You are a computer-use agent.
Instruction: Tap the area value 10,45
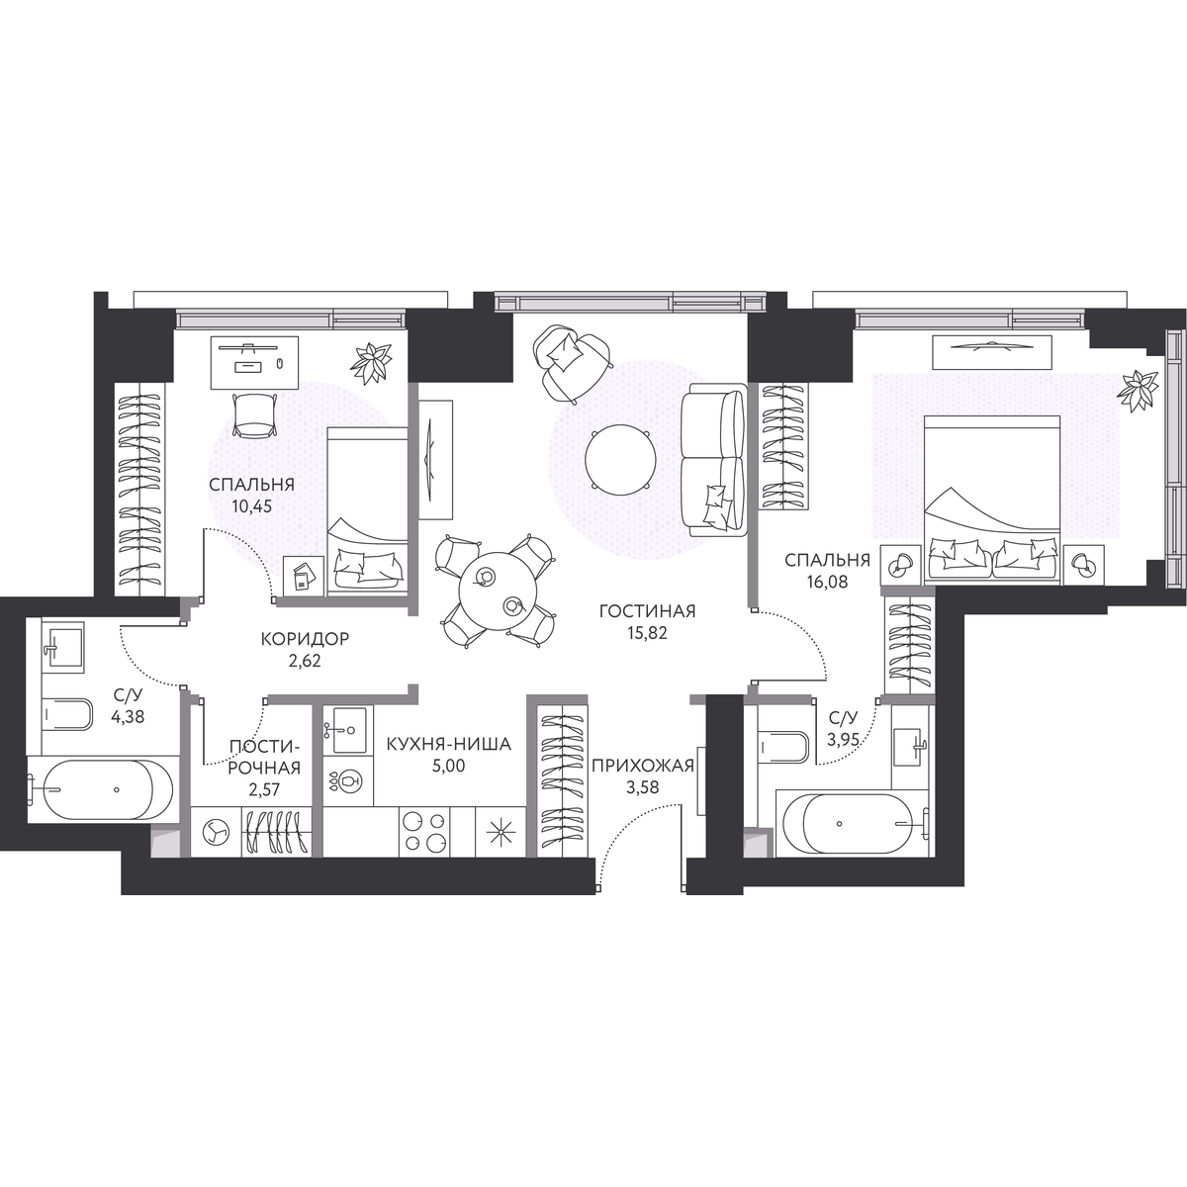coord(251,507)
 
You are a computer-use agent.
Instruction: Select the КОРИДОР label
coord(305,639)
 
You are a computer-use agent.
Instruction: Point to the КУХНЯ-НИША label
coord(449,744)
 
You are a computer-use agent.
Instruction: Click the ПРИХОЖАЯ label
coord(643,766)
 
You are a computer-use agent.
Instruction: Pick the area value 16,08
coord(827,582)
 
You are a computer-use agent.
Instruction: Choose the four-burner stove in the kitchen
coord(425,832)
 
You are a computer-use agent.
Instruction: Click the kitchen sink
coord(348,730)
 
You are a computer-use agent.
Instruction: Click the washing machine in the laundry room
coord(216,832)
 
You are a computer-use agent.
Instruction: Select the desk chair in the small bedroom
coord(252,416)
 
